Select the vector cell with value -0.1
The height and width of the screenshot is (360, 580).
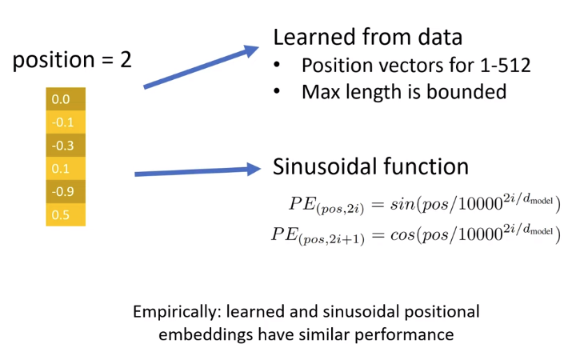[x=65, y=122]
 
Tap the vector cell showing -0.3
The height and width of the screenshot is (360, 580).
[x=65, y=146]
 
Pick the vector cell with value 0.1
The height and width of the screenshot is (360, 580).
[x=65, y=169]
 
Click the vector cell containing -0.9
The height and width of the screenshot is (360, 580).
[x=65, y=192]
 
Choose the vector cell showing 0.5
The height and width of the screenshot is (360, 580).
[x=65, y=215]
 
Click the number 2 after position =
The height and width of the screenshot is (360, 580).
[x=125, y=61]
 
